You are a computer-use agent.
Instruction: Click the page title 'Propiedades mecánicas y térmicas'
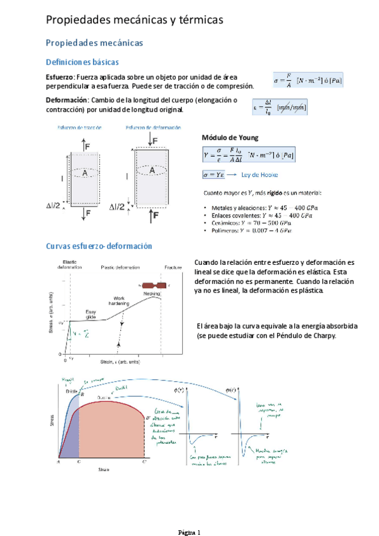pyautogui.click(x=135, y=21)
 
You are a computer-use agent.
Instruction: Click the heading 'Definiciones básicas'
pyautogui.click(x=82, y=62)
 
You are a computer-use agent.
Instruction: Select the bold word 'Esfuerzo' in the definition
pyautogui.click(x=60, y=76)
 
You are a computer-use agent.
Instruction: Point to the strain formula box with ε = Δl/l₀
pyautogui.click(x=280, y=107)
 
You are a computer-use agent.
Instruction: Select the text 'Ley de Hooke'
pyautogui.click(x=260, y=174)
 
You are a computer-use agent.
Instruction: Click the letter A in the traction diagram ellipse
pyautogui.click(x=83, y=172)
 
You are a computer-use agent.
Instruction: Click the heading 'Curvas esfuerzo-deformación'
pyautogui.click(x=104, y=246)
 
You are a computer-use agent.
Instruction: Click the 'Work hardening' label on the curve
pyautogui.click(x=119, y=300)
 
